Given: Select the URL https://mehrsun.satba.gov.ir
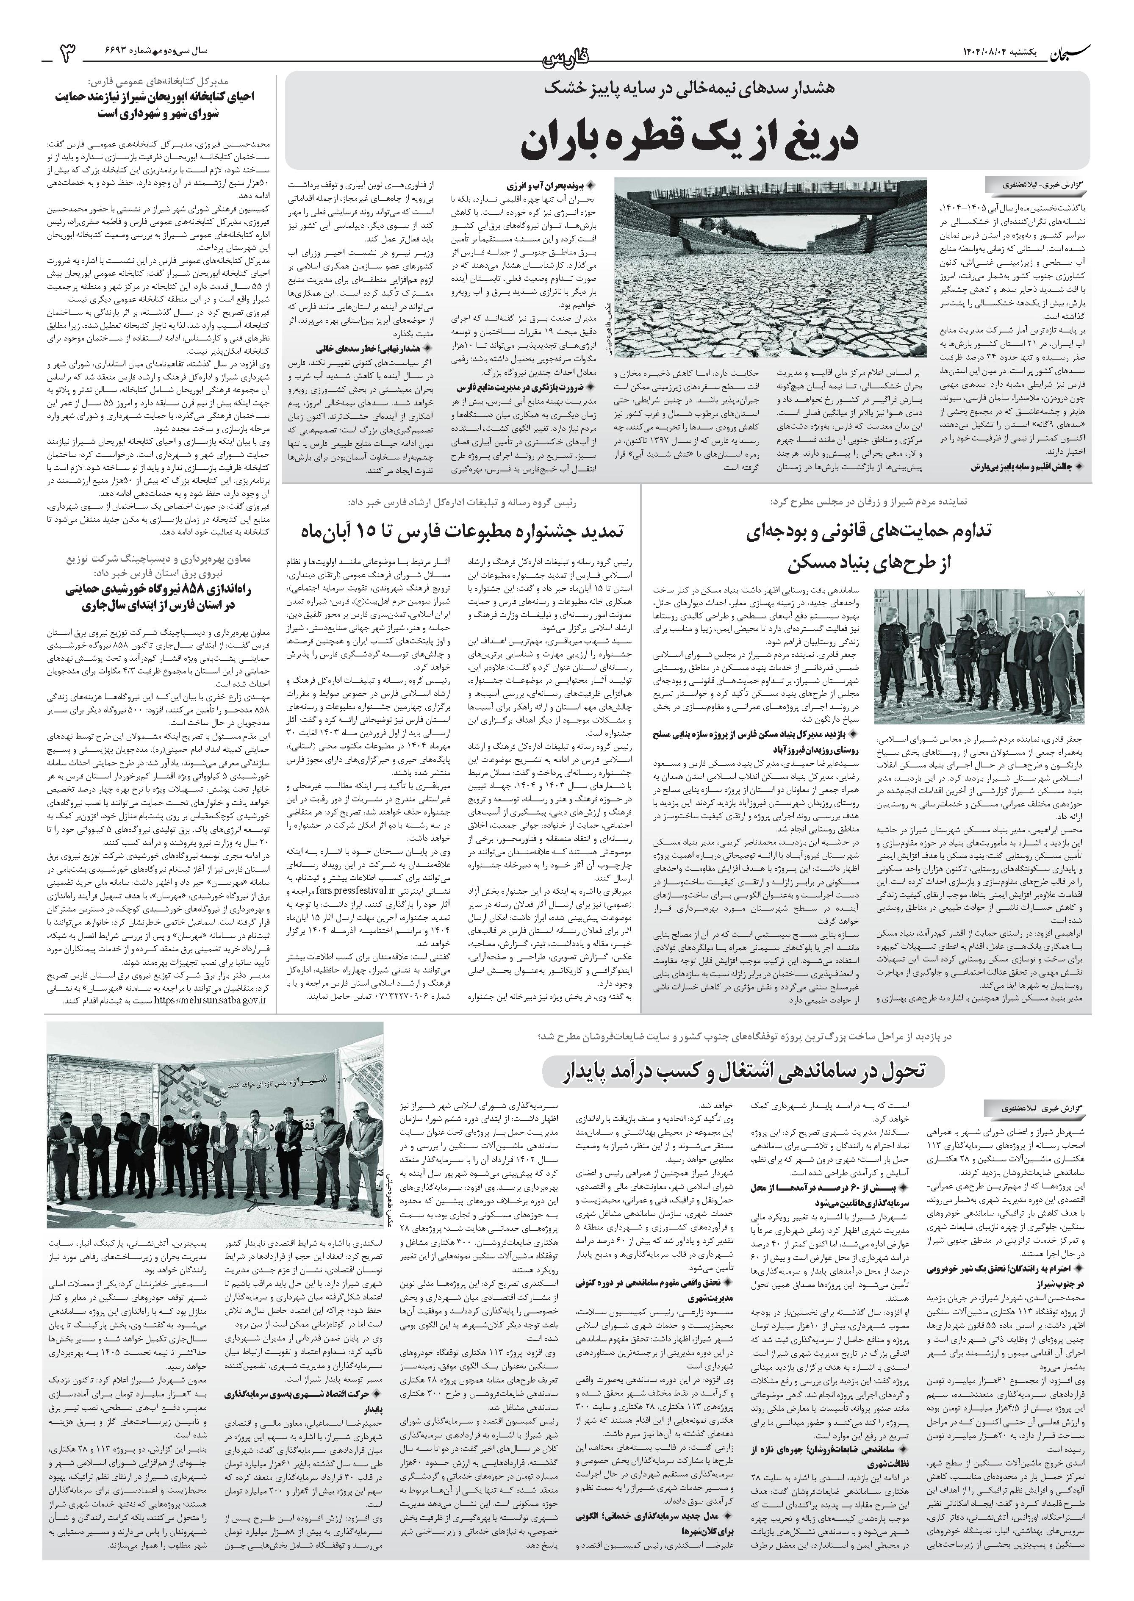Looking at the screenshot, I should click(x=210, y=1000).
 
